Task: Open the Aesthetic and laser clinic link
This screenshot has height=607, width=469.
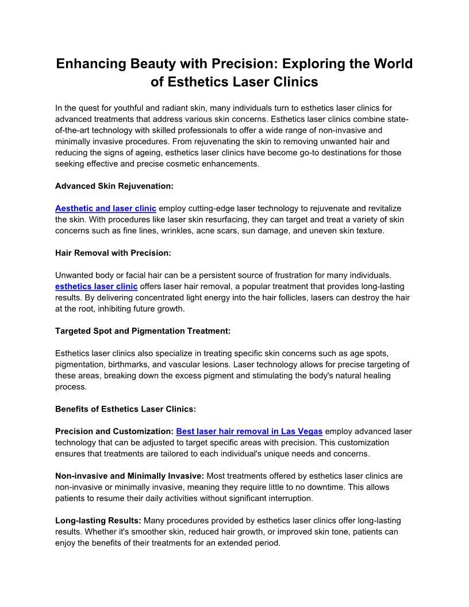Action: pyautogui.click(x=105, y=208)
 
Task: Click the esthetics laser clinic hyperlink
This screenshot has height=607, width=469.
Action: pyautogui.click(x=96, y=286)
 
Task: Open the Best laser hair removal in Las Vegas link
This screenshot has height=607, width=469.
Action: pyautogui.click(x=249, y=431)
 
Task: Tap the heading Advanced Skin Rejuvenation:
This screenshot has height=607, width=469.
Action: pyautogui.click(x=114, y=186)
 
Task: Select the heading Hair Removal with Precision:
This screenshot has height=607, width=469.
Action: pyautogui.click(x=113, y=253)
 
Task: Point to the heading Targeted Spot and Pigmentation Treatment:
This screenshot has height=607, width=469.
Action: pyautogui.click(x=143, y=331)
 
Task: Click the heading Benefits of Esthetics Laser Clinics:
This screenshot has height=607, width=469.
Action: pyautogui.click(x=125, y=409)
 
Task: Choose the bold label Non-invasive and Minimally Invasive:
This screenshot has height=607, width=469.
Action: pyautogui.click(x=129, y=476)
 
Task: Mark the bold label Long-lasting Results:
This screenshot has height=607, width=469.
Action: pyautogui.click(x=98, y=521)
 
